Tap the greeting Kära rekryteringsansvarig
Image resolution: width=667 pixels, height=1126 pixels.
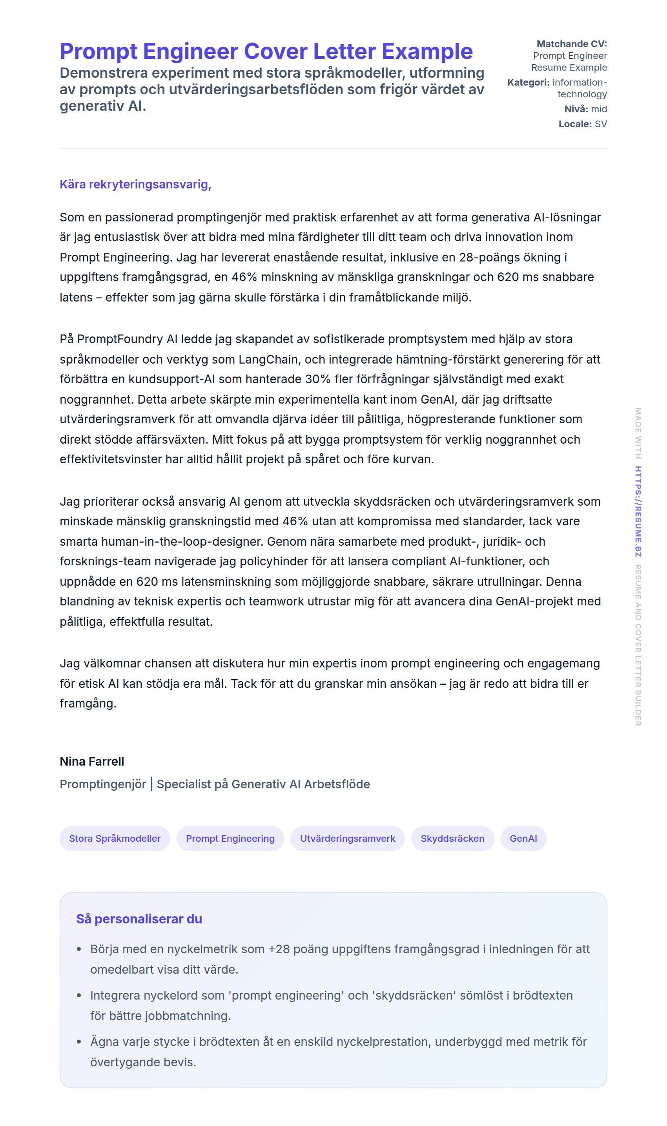click(135, 185)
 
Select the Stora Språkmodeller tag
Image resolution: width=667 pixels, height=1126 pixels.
click(115, 838)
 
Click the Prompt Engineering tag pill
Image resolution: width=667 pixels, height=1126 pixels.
click(230, 838)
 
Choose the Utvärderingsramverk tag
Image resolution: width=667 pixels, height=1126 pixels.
click(348, 838)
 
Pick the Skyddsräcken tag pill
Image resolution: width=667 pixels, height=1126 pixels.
click(452, 838)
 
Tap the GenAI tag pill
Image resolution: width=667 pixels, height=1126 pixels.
click(523, 838)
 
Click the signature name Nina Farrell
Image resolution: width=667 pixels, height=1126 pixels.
click(92, 761)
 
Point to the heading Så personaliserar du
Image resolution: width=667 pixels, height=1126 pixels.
click(139, 919)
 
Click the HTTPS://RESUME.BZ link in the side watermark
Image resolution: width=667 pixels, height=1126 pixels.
click(638, 512)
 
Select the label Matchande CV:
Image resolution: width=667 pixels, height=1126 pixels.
click(571, 44)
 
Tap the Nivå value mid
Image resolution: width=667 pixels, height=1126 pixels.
click(599, 109)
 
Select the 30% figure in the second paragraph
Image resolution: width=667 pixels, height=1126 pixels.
click(318, 379)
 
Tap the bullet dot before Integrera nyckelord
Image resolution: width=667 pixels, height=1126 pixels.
click(79, 996)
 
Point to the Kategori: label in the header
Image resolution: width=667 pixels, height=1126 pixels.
click(528, 82)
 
